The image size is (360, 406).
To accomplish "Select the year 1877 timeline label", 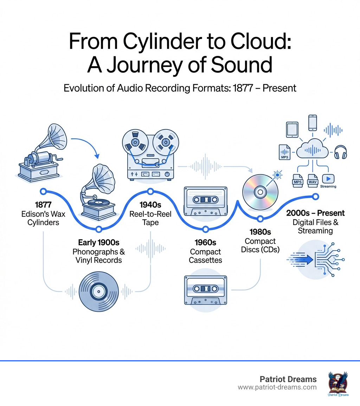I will (44, 204).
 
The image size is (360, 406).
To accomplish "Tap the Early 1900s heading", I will (99, 242).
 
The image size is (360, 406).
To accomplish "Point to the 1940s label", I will (150, 204).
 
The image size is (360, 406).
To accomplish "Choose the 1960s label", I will (205, 242).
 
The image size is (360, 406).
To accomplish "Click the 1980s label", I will (260, 232).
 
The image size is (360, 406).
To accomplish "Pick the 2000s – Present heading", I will (315, 213).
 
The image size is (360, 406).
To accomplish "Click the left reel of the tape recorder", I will (134, 142).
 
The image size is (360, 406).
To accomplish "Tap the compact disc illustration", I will (260, 192).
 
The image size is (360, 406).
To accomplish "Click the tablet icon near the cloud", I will (292, 130).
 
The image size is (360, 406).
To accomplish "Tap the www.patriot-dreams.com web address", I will (277, 387).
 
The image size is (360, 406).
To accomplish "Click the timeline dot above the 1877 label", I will (44, 191).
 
